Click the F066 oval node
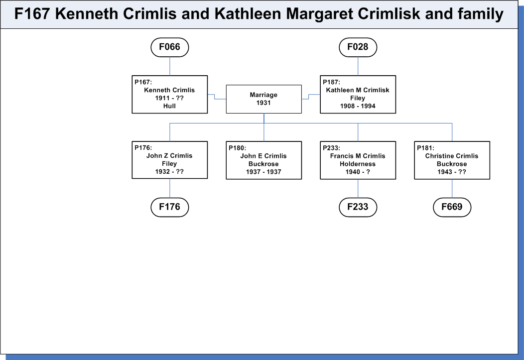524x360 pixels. pos(170,47)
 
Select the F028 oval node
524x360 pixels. pos(358,47)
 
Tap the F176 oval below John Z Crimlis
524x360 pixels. pos(170,207)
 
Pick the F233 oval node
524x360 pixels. pos(358,207)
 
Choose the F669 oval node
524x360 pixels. pos(452,207)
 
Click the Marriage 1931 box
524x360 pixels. pos(263,99)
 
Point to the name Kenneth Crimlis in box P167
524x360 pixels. pos(169,90)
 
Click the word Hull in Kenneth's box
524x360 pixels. pos(169,106)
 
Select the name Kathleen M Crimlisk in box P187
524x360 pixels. pos(358,90)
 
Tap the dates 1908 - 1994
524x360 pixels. pos(358,106)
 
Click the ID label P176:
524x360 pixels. pos(143,147)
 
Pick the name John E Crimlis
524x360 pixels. pos(263,156)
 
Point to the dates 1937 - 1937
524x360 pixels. pos(263,172)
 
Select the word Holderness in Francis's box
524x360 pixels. pos(358,164)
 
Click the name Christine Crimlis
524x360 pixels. pos(452,156)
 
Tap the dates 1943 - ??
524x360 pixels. pos(452,172)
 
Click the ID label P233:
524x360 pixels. pos(331,148)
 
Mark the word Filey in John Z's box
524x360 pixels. pos(169,164)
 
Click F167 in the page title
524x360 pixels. pos(32,14)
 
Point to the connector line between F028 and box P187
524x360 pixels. pos(358,66)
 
